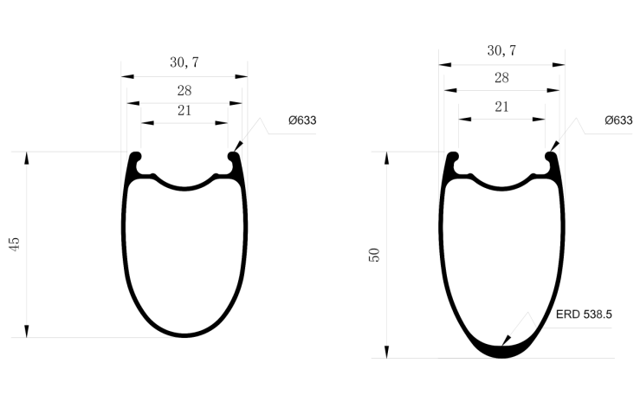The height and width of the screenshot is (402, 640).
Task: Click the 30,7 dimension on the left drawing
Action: point(184,62)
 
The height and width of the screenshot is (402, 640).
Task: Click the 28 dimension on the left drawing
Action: point(184,90)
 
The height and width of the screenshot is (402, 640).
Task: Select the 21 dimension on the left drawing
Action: point(184,110)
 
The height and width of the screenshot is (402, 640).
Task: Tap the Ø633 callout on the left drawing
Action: point(301,120)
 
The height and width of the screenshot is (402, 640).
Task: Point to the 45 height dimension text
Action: point(14,244)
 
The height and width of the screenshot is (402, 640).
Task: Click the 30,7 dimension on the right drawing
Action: point(501,51)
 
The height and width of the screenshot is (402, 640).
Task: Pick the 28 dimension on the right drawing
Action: point(501,78)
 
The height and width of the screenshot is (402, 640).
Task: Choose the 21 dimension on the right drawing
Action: point(501,107)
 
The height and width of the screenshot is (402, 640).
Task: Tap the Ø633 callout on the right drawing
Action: point(618,120)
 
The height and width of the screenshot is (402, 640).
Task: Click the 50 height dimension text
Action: point(374,255)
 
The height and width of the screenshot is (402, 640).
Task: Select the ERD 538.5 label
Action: point(584,315)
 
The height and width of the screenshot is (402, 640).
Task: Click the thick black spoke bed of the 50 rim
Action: point(501,350)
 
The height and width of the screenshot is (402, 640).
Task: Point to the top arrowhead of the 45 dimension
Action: point(28,159)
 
